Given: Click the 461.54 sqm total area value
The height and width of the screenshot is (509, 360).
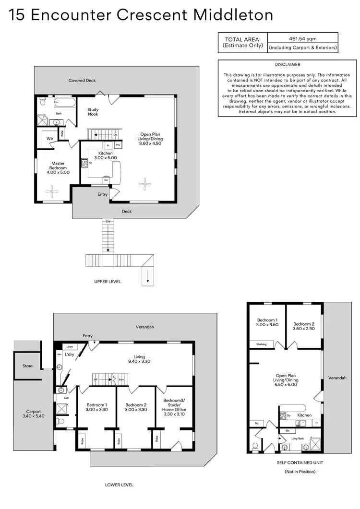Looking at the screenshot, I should [303, 38].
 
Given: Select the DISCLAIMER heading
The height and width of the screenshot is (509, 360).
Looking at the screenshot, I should [288, 64].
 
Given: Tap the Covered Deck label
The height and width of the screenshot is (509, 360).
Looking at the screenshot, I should [82, 81].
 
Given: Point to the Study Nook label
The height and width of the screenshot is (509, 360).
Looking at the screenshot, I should [93, 112].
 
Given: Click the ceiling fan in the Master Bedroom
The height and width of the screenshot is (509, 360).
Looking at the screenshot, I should [52, 191].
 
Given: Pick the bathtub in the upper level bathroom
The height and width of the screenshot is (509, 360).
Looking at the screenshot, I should [61, 102].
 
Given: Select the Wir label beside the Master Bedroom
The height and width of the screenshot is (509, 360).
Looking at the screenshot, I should [49, 138].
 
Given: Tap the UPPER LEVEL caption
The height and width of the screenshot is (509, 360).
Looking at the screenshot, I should [108, 282].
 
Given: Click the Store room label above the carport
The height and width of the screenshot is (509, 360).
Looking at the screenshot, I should [28, 366].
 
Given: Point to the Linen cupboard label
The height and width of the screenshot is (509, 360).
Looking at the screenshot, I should [70, 346].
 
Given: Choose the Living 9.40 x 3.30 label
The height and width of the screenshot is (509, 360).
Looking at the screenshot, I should [139, 359].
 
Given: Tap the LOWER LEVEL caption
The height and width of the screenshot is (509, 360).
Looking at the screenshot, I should [119, 485].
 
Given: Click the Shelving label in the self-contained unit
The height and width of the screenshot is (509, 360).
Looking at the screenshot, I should [261, 343].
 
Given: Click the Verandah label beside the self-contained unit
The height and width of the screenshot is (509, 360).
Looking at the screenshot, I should [337, 378].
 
